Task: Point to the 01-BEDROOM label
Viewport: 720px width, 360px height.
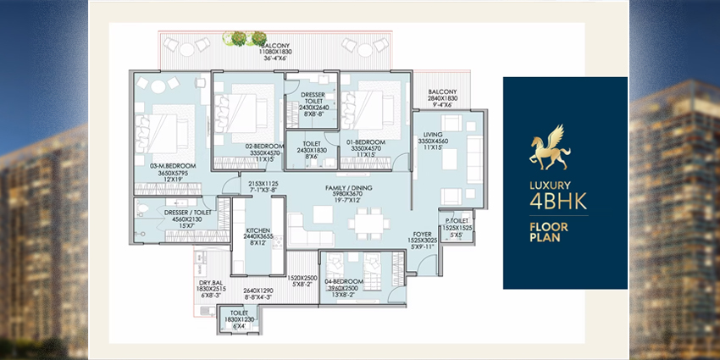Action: click(x=367, y=141)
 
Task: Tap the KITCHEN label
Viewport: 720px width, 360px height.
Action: click(x=258, y=230)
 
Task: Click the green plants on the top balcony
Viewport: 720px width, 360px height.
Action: click(x=238, y=38)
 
